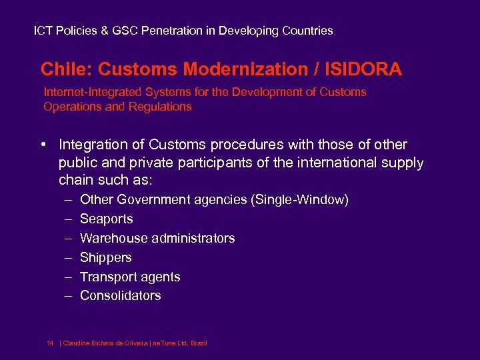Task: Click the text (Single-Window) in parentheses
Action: pos(299,199)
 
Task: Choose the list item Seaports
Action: pos(106,219)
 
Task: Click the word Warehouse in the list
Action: pos(109,238)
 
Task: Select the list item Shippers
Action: pos(105,257)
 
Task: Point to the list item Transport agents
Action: pos(130,277)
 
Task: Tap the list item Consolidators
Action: pos(120,295)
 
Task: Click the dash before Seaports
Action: pos(69,219)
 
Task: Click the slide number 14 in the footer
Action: pos(50,343)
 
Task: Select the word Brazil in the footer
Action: pos(199,343)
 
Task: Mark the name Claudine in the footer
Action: pos(77,343)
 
